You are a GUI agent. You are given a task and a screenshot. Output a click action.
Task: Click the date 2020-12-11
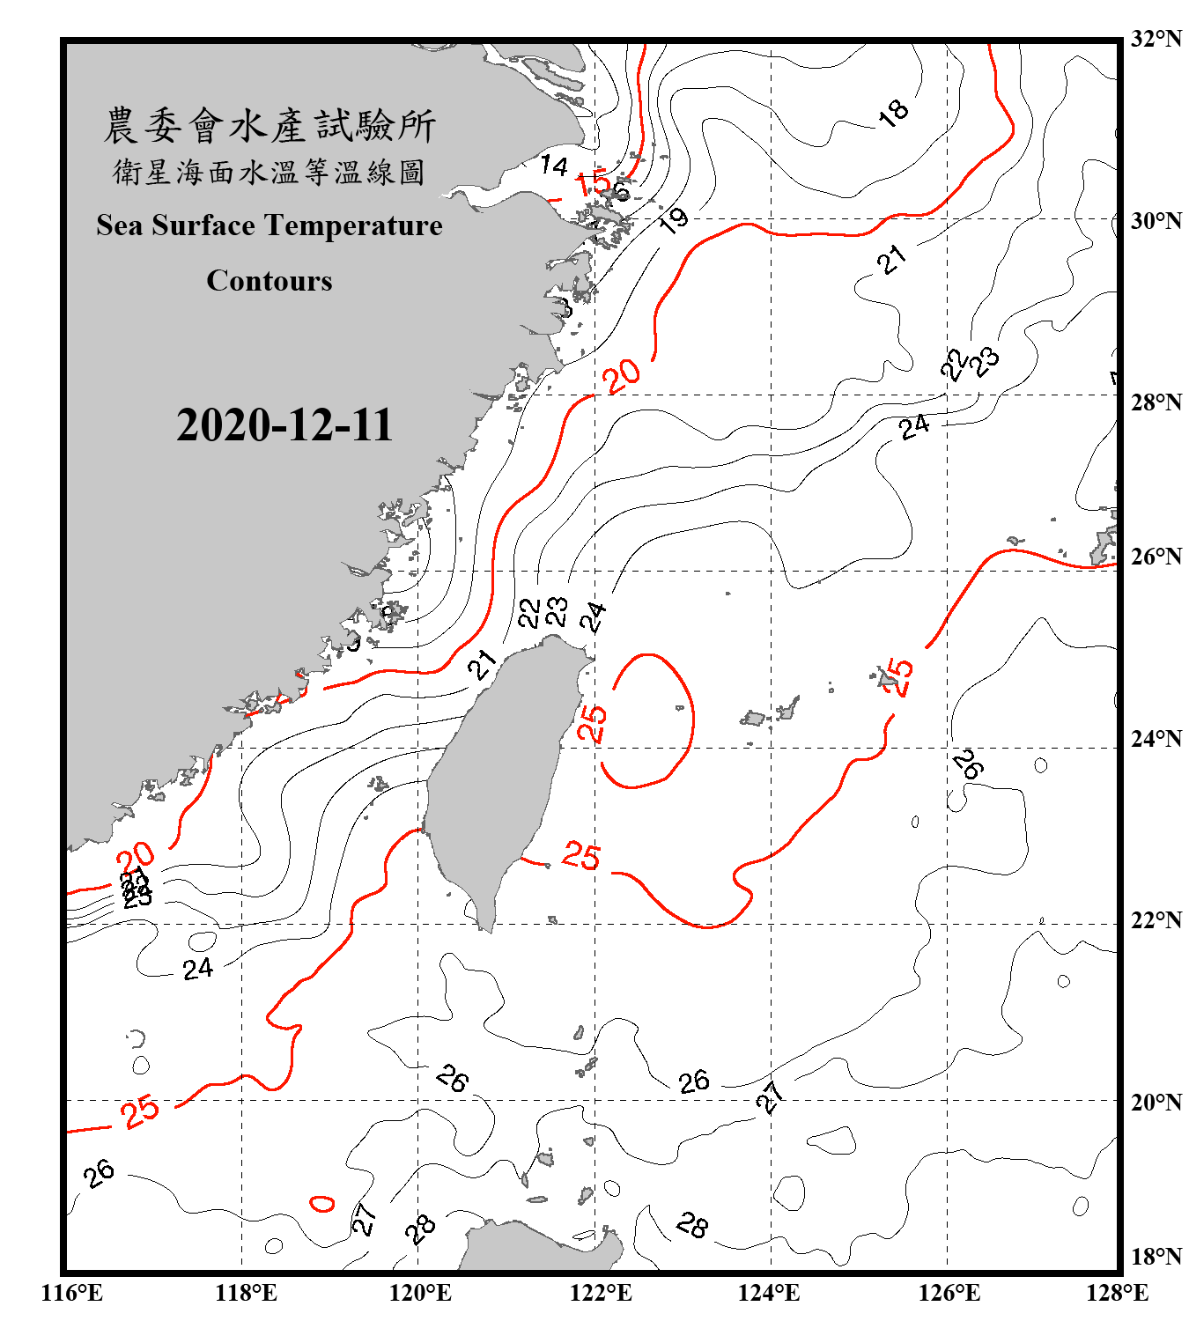point(284,425)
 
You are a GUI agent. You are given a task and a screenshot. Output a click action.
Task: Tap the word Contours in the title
point(269,280)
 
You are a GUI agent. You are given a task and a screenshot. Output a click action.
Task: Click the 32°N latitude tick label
point(1156,39)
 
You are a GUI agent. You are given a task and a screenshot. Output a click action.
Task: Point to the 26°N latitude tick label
point(1156,557)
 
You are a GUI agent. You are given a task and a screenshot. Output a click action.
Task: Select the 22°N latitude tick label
point(1156,920)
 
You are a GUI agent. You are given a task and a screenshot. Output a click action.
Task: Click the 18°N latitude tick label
point(1156,1256)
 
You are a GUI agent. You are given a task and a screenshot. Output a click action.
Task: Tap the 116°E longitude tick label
point(71,1293)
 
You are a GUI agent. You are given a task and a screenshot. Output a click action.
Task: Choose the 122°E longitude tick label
point(601,1293)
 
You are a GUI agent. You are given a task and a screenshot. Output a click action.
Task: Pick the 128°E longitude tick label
point(1117,1293)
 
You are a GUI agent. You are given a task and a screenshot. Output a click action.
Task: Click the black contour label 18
point(893,112)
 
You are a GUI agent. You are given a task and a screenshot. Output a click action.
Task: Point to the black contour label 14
point(553,165)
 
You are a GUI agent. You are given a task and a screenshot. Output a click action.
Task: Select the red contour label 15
point(594,183)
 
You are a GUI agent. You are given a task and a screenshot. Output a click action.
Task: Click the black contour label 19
point(675,220)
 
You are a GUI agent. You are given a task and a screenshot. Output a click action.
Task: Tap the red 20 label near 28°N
point(623,376)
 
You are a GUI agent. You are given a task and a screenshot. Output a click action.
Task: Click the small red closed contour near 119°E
point(322,1203)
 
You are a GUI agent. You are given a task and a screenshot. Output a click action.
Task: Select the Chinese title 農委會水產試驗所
point(269,125)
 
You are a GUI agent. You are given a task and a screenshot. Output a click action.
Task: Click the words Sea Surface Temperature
point(269,225)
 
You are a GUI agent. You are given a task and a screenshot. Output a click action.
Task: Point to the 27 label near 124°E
point(770,1097)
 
